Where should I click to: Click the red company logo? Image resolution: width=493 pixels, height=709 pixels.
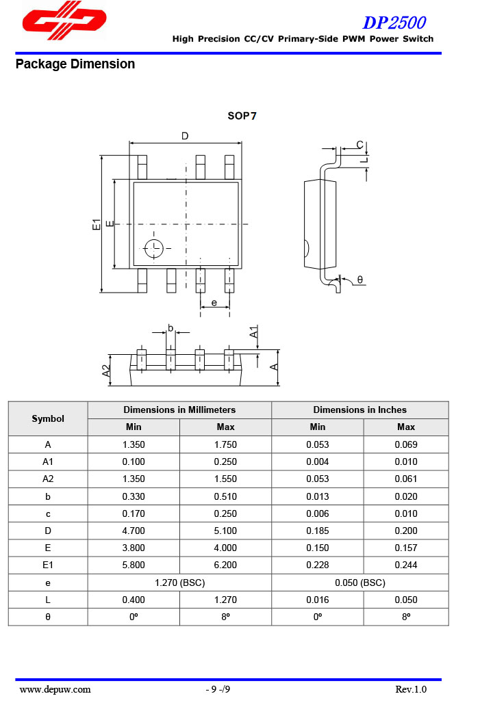[64, 21]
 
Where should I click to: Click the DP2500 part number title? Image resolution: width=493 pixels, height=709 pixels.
[394, 23]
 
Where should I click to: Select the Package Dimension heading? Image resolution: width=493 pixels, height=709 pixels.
[75, 64]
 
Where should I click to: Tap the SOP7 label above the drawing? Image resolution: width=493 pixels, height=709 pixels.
[242, 116]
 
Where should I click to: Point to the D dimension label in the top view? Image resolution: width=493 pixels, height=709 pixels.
[185, 136]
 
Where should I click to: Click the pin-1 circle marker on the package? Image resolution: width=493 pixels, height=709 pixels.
[154, 248]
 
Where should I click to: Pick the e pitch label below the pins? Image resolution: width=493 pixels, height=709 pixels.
[214, 302]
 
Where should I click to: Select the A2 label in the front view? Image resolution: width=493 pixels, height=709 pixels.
[106, 371]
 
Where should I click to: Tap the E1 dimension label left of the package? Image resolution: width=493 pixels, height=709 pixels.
[97, 224]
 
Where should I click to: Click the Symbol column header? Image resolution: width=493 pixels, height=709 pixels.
[48, 418]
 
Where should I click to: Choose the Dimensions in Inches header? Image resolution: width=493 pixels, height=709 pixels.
[359, 410]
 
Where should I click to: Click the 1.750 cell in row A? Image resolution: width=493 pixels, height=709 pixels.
[225, 444]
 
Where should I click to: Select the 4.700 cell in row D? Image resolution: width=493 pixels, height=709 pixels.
[134, 531]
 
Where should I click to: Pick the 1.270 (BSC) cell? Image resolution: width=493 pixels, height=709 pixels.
[179, 583]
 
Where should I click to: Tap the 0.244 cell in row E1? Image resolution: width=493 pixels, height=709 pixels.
[405, 565]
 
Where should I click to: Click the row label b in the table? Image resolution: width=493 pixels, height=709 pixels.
[48, 496]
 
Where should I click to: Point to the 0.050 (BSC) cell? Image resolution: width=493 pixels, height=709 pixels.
[359, 583]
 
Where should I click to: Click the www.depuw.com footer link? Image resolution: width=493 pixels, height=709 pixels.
[55, 689]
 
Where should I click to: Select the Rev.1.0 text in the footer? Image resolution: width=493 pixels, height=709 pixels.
[410, 689]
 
